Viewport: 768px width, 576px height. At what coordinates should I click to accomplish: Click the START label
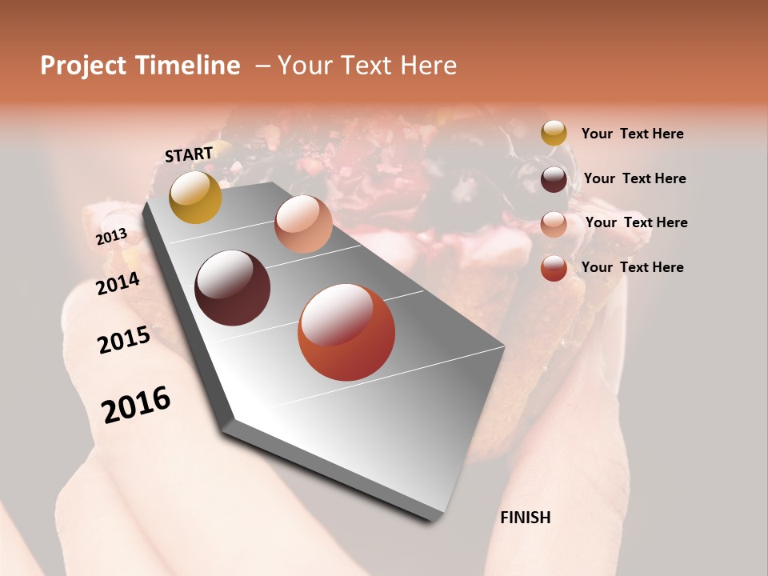tap(189, 154)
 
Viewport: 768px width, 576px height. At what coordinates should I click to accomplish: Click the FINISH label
tap(526, 518)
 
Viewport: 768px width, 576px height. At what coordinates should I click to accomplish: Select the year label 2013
tap(111, 237)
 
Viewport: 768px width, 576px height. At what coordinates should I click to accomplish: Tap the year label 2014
tap(118, 283)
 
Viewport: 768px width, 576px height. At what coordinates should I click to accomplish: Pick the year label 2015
tap(124, 340)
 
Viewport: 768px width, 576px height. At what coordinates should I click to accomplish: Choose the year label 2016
tap(136, 405)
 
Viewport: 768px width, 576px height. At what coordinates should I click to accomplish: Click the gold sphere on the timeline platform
tap(195, 197)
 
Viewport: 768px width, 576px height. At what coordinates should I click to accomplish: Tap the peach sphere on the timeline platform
tap(303, 224)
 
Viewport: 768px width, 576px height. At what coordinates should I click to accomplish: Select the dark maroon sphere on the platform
tap(233, 288)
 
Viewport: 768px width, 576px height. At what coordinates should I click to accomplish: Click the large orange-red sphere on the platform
tap(346, 332)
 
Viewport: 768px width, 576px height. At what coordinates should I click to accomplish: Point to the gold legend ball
tap(554, 134)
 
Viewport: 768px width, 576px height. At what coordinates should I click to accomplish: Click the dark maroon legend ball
tap(554, 179)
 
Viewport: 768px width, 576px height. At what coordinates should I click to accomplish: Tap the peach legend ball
tap(554, 223)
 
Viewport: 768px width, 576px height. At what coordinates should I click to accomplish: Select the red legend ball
tap(554, 268)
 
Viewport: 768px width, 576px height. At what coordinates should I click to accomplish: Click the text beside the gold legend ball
tap(633, 134)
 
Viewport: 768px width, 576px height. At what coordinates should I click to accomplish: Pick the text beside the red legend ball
tap(633, 267)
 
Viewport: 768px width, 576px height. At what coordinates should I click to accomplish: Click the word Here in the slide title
tap(427, 66)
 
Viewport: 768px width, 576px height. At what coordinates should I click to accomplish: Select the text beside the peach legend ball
tap(637, 222)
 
